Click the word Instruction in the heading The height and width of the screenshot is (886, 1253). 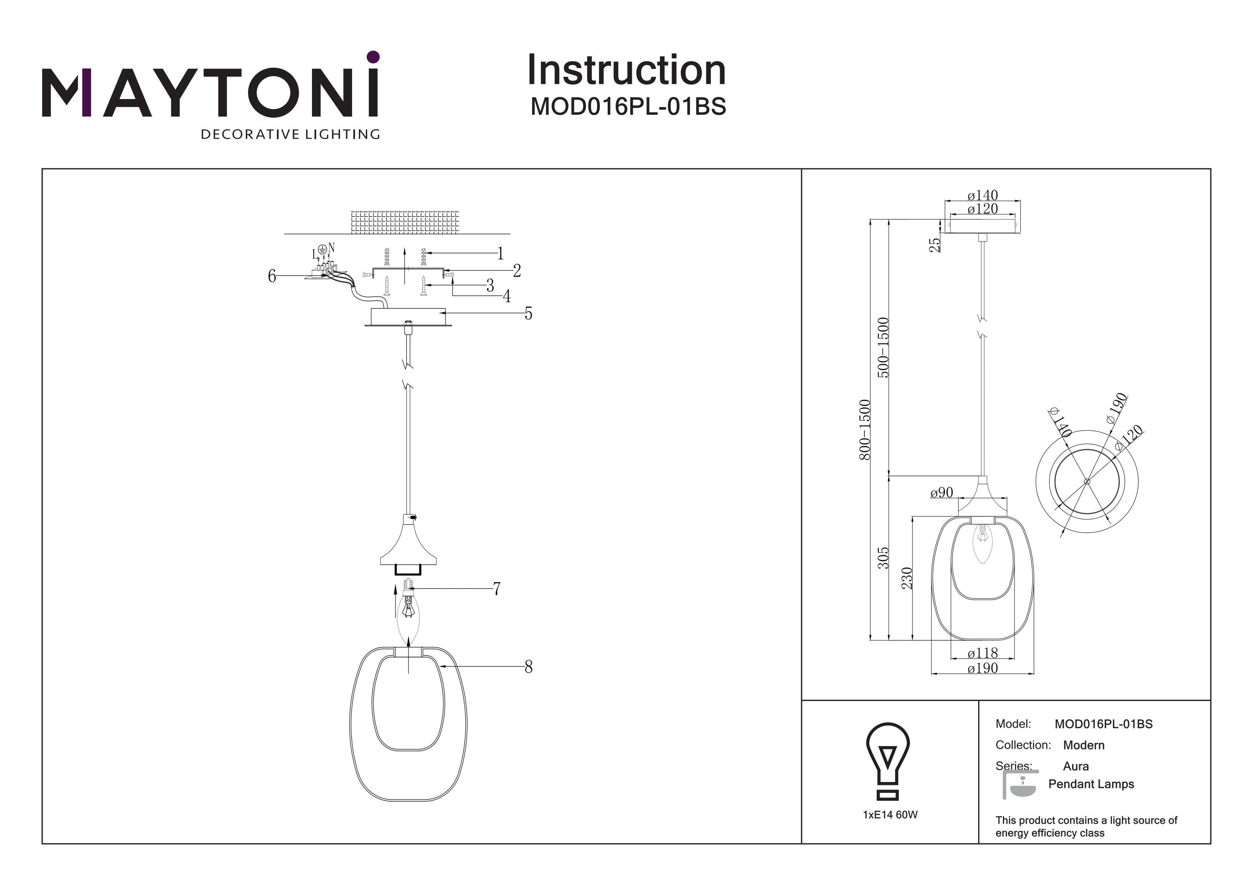tap(626, 71)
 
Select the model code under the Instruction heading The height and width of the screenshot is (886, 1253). tap(628, 107)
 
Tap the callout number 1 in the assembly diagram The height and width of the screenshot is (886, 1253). tap(500, 253)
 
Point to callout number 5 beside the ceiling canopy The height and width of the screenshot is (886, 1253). tap(528, 313)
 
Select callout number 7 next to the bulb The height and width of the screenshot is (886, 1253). tap(497, 589)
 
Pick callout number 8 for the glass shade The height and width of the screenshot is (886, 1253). tap(528, 667)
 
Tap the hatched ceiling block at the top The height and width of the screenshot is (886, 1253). tap(405, 222)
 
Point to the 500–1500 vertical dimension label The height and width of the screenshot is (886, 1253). tap(883, 347)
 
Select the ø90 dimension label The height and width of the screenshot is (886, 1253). tap(941, 493)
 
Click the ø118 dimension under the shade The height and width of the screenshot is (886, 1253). tap(982, 652)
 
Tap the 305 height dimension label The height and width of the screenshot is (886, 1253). tap(883, 558)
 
